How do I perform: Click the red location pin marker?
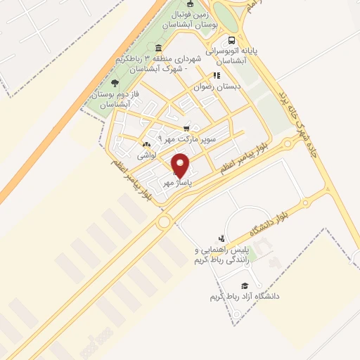(181, 166)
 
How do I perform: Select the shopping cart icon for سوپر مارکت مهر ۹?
(186, 129)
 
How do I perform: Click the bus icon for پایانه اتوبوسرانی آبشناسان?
(231, 40)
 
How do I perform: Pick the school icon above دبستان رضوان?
(217, 75)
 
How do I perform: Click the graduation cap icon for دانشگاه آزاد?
(244, 285)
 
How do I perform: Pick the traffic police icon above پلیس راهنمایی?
(222, 238)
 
